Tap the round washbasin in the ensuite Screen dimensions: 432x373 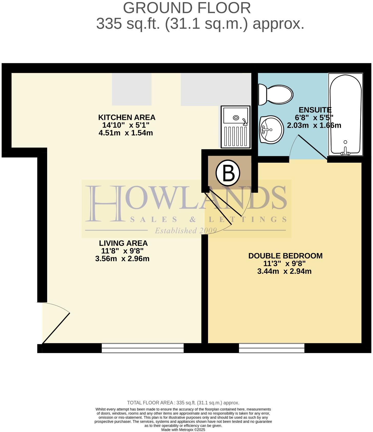(271, 129)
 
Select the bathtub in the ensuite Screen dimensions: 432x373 (346, 114)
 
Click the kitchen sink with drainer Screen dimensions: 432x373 (235, 127)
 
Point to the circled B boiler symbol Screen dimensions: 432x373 (228, 173)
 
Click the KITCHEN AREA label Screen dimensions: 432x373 (127, 118)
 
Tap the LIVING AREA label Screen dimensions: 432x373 (123, 243)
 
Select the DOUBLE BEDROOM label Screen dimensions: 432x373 (285, 256)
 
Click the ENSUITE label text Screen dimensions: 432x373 (315, 110)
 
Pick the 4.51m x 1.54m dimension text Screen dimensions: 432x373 (126, 133)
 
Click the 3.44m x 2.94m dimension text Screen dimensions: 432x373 (284, 271)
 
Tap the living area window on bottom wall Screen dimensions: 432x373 (143, 348)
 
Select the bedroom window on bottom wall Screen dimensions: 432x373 (272, 348)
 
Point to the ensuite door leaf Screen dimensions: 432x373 (312, 147)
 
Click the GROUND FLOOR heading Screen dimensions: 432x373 (187, 8)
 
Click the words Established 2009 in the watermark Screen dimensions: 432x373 (186, 231)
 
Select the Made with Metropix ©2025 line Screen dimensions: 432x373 (183, 430)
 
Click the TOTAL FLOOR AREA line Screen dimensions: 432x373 (183, 403)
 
